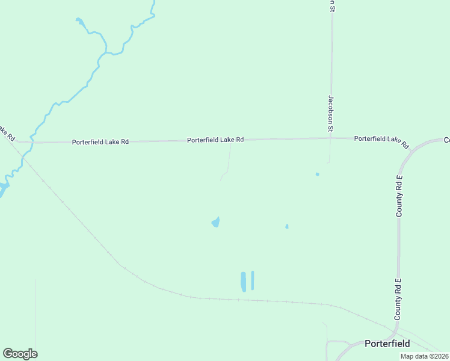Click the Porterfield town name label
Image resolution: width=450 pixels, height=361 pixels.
coord(387,344)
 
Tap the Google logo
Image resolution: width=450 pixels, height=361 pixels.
coord(20,354)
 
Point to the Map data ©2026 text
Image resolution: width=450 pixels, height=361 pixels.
coord(424,356)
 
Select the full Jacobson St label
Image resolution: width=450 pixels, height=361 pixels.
coord(330,113)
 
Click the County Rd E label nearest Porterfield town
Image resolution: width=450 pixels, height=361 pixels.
coord(398,298)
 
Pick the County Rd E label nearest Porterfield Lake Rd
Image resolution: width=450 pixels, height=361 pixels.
coord(398,196)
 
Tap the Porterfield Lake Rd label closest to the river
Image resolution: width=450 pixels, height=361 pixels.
coord(100,142)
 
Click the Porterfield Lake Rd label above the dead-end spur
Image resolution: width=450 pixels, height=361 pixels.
coord(215,140)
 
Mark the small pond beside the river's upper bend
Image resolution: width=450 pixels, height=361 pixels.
coord(79,22)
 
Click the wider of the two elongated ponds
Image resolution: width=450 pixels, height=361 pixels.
coord(244,281)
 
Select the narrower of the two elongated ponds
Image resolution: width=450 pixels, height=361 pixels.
coord(253,280)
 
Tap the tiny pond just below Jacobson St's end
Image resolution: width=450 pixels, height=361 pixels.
coord(317,174)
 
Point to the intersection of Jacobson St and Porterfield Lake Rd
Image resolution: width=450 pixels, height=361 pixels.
coord(330,138)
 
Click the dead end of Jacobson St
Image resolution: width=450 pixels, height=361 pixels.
coord(328,162)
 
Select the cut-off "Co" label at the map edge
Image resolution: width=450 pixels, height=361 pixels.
coord(446,140)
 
